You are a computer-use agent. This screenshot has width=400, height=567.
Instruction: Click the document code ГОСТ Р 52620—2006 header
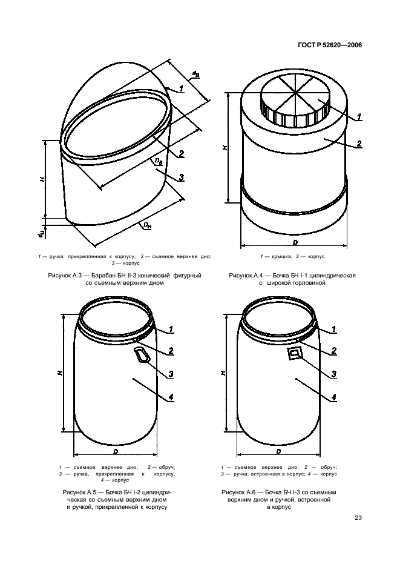330,45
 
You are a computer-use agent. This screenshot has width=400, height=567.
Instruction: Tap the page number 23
358,518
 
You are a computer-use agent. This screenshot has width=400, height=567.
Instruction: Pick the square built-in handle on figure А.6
295,353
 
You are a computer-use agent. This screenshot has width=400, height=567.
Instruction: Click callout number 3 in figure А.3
182,177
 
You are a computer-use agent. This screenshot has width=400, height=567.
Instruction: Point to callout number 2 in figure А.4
359,144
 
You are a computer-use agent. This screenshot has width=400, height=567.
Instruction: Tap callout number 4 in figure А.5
171,397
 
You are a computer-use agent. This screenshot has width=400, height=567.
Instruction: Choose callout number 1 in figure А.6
333,329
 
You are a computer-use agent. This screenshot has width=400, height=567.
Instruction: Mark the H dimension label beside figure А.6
222,373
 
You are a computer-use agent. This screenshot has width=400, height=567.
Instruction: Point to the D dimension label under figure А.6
278,451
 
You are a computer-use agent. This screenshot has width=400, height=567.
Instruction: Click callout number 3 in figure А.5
171,374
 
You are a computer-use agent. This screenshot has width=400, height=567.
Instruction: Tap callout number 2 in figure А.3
181,154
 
